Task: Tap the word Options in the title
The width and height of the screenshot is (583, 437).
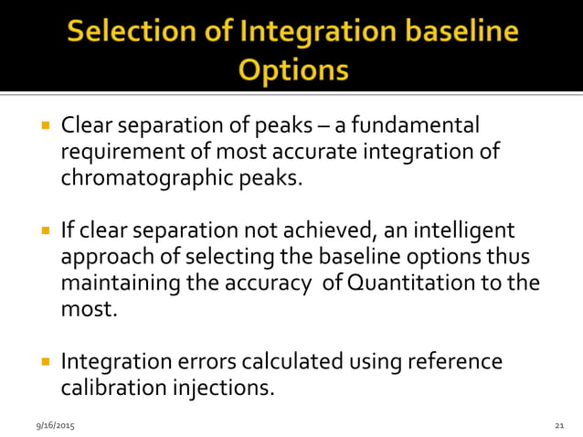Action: [x=292, y=70]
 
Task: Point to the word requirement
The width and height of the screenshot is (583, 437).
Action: [x=121, y=151]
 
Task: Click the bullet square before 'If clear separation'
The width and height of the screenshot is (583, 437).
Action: [x=44, y=230]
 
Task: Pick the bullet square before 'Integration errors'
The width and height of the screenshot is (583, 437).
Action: [x=44, y=362]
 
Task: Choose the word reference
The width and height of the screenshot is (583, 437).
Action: [x=459, y=361]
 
